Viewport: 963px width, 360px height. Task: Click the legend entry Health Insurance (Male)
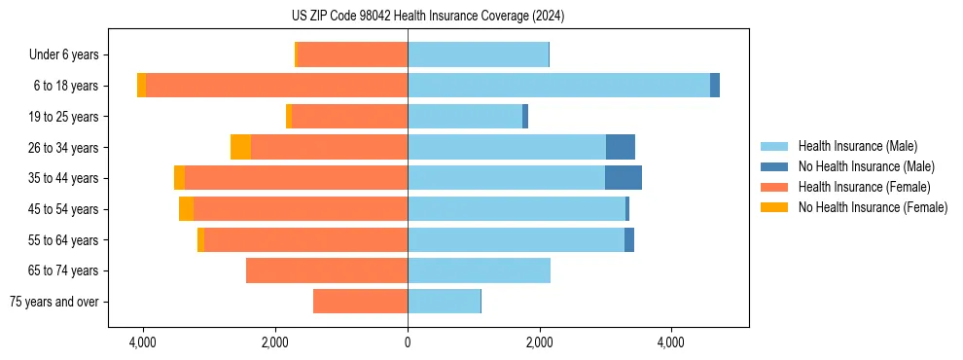(x=857, y=146)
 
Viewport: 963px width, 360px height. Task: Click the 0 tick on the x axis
(x=408, y=342)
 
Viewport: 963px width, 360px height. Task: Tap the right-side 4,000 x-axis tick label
(x=671, y=342)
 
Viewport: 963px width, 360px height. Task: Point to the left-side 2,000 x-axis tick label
(x=275, y=342)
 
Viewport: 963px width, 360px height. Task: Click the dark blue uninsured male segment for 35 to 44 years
(x=624, y=178)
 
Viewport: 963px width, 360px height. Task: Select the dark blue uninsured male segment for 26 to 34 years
(x=621, y=147)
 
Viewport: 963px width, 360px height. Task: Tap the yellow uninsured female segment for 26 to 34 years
(x=240, y=147)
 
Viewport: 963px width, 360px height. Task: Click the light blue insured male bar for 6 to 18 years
(x=558, y=86)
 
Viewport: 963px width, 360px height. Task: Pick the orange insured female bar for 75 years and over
(x=360, y=302)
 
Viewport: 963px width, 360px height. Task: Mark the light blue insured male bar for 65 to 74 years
(x=479, y=270)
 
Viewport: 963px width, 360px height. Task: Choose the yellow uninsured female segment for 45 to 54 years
(x=186, y=209)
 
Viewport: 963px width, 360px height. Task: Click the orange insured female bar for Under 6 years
(x=352, y=55)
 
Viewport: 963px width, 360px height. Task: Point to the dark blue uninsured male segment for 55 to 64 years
(x=629, y=239)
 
